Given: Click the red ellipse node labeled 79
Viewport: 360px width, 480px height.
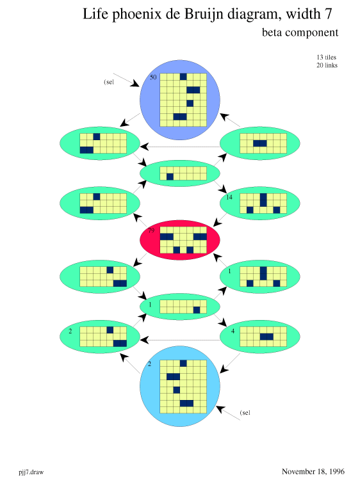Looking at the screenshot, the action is tap(180, 240).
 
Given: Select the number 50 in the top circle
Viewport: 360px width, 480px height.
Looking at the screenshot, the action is tap(153, 77).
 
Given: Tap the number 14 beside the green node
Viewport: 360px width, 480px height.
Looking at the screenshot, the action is tap(229, 197).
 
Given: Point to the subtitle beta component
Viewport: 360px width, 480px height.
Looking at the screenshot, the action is tap(300, 33).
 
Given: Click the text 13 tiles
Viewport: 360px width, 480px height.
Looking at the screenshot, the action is tap(326, 57).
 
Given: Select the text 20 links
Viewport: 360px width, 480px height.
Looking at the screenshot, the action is tap(327, 65).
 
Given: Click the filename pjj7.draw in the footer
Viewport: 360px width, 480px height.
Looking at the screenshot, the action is tap(31, 472).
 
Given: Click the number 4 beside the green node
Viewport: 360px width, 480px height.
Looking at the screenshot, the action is tap(233, 331).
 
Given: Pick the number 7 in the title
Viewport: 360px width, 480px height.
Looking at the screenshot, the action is tap(328, 14).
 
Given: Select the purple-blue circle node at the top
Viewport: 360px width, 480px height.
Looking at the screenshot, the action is tap(180, 100).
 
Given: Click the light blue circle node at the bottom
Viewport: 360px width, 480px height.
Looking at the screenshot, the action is tap(180, 387).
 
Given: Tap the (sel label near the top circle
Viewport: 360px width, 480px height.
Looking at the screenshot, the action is tap(109, 82).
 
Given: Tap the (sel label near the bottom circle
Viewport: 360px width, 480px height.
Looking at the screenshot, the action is tap(245, 413).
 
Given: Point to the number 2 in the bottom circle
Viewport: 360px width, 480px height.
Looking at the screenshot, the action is tap(149, 364).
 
